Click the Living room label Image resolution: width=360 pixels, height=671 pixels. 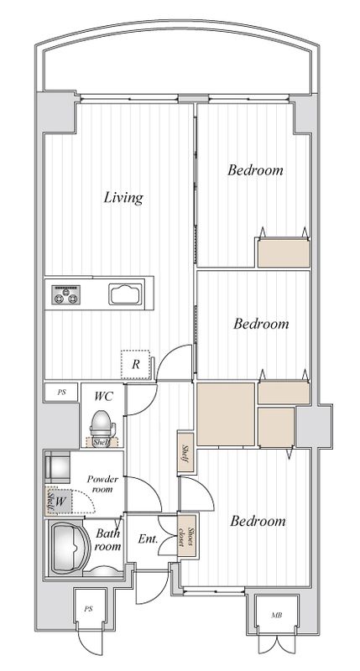(x=123, y=198)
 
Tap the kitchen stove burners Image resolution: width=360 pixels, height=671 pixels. (x=66, y=295)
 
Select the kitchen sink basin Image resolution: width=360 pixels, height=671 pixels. (x=125, y=294)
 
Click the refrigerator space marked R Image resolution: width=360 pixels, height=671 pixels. (x=136, y=365)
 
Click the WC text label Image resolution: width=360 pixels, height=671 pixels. (x=103, y=396)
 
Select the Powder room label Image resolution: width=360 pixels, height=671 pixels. (x=102, y=484)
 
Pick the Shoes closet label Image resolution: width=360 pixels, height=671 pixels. (x=186, y=536)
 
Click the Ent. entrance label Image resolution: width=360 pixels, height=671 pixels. (x=148, y=538)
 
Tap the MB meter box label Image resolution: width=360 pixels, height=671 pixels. (x=276, y=616)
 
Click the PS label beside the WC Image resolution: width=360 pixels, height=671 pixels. (x=61, y=392)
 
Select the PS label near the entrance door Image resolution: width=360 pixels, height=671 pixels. (x=89, y=609)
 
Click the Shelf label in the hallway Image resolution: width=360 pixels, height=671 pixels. (x=185, y=452)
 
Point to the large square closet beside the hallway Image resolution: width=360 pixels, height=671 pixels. (x=226, y=414)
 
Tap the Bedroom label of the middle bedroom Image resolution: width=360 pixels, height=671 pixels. (x=261, y=324)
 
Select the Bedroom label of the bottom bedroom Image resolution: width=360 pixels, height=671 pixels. (x=258, y=521)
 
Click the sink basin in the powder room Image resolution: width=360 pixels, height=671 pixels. (x=57, y=466)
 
